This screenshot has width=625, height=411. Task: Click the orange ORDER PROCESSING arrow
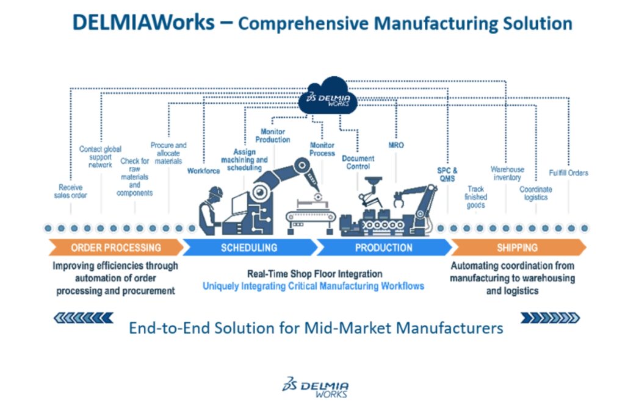pyautogui.click(x=116, y=248)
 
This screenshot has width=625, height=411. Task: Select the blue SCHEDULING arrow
pyautogui.click(x=250, y=248)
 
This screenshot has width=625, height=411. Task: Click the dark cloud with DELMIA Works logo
pyautogui.click(x=328, y=96)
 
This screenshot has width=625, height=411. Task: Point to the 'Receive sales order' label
pyautogui.click(x=71, y=191)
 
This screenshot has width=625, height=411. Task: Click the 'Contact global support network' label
pyautogui.click(x=100, y=157)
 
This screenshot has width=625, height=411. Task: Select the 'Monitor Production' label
pyautogui.click(x=273, y=135)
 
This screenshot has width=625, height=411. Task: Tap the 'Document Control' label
pyautogui.click(x=358, y=162)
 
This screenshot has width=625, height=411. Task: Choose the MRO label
pyautogui.click(x=396, y=145)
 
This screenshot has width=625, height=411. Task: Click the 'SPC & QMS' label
pyautogui.click(x=447, y=174)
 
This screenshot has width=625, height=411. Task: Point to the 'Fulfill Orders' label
pyautogui.click(x=568, y=173)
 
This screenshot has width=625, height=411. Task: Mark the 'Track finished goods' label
pyautogui.click(x=475, y=197)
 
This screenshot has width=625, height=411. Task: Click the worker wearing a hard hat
pyautogui.click(x=211, y=210)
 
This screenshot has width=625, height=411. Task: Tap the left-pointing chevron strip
pyautogui.click(x=84, y=318)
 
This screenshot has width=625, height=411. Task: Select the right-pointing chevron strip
pyautogui.click(x=550, y=318)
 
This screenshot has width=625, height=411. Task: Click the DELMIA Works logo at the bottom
pyautogui.click(x=316, y=387)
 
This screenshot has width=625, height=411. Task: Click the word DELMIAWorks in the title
pyautogui.click(x=143, y=23)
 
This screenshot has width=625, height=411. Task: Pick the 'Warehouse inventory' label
pyautogui.click(x=507, y=173)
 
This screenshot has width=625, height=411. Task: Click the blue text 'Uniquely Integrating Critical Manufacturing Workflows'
pyautogui.click(x=313, y=286)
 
